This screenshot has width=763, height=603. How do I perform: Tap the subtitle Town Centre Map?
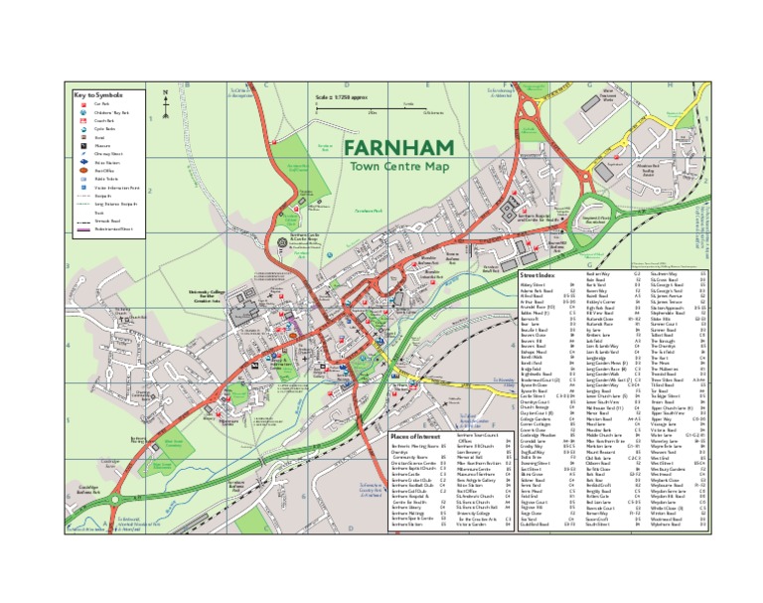tap(394, 168)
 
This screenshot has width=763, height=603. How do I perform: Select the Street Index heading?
tap(538, 275)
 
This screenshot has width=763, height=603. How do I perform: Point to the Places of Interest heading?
tap(414, 436)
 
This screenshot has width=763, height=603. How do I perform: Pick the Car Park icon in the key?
tap(83, 103)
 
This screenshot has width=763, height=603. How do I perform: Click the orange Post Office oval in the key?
tap(83, 170)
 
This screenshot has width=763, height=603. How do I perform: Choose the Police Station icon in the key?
tap(83, 161)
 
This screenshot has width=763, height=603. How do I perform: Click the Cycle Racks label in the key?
tap(104, 128)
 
